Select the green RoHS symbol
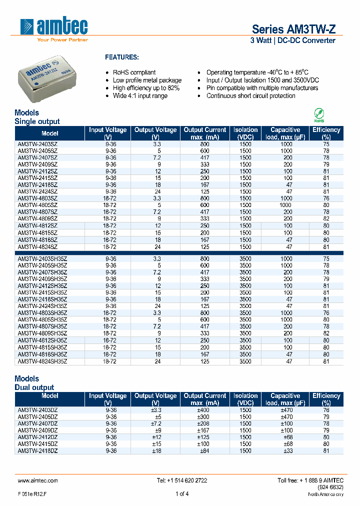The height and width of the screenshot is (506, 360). click(x=318, y=114)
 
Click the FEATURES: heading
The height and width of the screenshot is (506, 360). click(x=121, y=57)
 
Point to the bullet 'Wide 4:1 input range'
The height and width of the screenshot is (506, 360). click(x=140, y=96)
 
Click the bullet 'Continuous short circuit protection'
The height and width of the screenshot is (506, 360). click(x=250, y=96)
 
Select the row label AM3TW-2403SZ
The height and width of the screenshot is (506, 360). click(x=37, y=144)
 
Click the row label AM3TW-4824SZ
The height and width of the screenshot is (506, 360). click(x=37, y=247)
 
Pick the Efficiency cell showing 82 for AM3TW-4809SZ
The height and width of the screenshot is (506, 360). click(x=326, y=219)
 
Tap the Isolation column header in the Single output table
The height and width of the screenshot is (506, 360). click(x=245, y=133)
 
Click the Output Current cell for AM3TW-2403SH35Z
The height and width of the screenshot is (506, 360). click(x=205, y=259)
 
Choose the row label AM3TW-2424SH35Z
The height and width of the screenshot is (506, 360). click(x=42, y=306)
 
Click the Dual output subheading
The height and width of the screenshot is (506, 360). click(x=34, y=387)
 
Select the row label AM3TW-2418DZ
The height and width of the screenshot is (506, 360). click(x=37, y=451)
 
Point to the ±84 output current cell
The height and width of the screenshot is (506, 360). click(x=205, y=451)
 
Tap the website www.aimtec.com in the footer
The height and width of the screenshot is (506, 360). click(x=38, y=480)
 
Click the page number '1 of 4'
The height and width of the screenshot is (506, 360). click(x=182, y=494)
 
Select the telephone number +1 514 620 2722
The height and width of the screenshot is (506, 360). click(x=182, y=480)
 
